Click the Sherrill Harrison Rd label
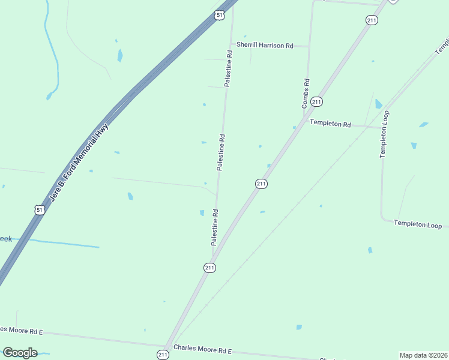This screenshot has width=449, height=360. pos(265,45)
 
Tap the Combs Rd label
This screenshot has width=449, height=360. pos(306,94)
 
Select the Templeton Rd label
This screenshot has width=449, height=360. pos(330,124)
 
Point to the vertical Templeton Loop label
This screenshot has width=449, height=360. pos(384,134)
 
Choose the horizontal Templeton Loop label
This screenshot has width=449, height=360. pos(418,224)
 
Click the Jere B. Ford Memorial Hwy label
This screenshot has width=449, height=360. pos(79,163)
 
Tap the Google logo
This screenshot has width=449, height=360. pos(20,353)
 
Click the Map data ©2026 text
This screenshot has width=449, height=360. pos(423,355)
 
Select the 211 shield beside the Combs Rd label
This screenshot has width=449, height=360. pos(317,102)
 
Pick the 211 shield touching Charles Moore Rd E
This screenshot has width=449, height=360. pos(163,355)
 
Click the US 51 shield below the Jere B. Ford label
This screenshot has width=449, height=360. pos(40,209)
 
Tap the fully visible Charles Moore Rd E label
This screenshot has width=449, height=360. pos(202,349)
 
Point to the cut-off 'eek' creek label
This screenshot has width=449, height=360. pos(5,239)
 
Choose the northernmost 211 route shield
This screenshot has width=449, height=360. pos(372,20)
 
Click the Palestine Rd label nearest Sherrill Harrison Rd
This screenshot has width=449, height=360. pos(229,69)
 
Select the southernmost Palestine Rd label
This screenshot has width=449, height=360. pos(214,227)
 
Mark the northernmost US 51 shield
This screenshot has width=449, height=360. pos(220,15)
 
